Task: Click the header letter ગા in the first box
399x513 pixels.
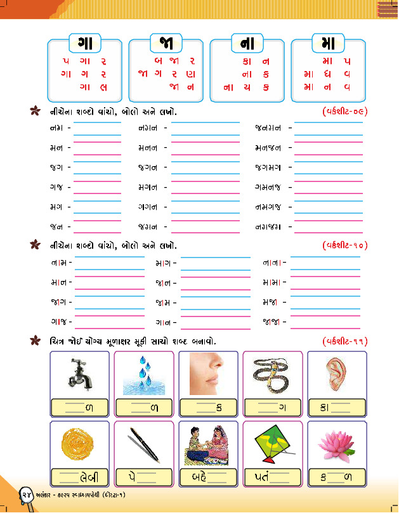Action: [x=84, y=44]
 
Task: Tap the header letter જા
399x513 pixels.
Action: [x=166, y=44]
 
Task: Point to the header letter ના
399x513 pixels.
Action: [x=247, y=44]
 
